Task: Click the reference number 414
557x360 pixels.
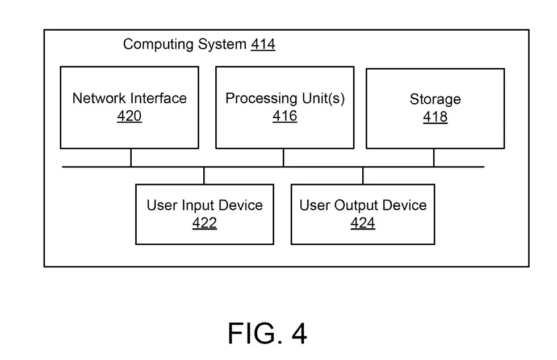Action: point(263,44)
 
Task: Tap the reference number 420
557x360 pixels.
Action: point(129,116)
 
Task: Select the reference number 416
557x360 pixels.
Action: point(285,116)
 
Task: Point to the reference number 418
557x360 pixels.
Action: point(435,117)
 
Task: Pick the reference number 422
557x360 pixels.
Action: point(204,223)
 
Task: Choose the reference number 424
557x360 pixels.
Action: point(363,223)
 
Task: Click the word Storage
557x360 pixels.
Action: point(435,99)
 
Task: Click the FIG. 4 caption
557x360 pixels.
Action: point(267,333)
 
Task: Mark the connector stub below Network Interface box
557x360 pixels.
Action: point(131,157)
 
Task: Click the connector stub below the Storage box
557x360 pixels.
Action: point(434,157)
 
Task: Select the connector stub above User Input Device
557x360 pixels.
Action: point(204,175)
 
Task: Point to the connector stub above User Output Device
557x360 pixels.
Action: point(363,175)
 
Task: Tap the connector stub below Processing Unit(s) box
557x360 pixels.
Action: point(283,157)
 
